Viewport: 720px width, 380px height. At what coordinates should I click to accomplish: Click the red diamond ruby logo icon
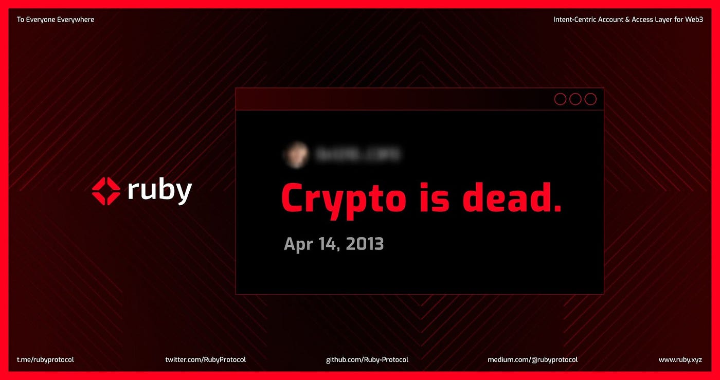106,191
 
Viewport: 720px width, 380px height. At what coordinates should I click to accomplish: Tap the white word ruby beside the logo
159,191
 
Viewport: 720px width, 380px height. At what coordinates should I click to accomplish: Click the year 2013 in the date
365,243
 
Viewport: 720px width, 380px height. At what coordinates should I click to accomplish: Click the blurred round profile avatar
296,155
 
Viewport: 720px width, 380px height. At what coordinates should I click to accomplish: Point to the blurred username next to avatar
357,155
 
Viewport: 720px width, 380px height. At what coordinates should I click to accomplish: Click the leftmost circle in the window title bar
560,99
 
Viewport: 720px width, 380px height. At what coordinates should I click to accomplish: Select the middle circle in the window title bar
575,99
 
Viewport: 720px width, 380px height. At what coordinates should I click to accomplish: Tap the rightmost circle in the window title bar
591,99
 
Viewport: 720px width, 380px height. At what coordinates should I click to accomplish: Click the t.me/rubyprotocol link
45,360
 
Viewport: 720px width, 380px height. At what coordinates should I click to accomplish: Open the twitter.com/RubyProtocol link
205,360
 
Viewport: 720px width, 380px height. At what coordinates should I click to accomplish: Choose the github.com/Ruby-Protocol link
367,360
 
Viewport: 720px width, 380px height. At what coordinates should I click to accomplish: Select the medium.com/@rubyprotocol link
532,360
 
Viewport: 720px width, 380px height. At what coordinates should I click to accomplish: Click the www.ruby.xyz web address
680,360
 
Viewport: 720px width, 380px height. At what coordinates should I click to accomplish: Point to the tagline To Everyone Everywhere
56,20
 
